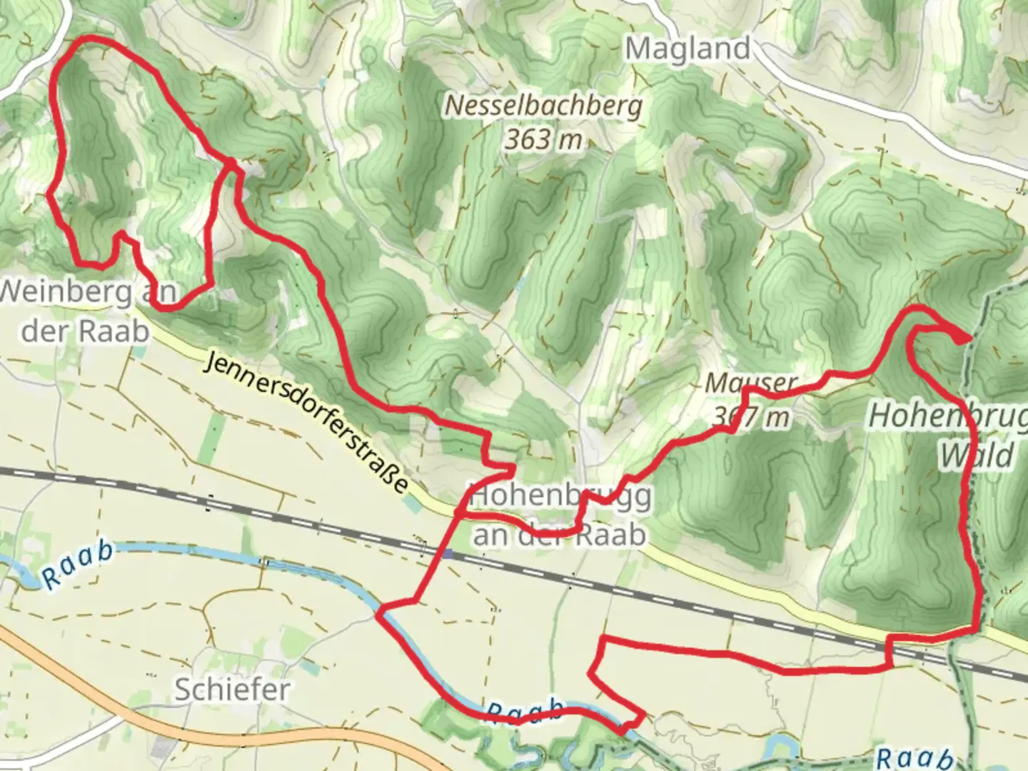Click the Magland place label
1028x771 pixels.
pos(688,49)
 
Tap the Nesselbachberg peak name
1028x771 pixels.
pos(544,106)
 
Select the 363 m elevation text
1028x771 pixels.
pos(544,139)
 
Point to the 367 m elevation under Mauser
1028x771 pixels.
pos(752,416)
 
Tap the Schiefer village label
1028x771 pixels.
pos(232,690)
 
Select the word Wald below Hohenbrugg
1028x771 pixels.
pos(977,455)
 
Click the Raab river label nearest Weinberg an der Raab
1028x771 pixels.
pos(77,565)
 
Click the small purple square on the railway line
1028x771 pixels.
pos(448,553)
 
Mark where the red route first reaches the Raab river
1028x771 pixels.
pos(380,612)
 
